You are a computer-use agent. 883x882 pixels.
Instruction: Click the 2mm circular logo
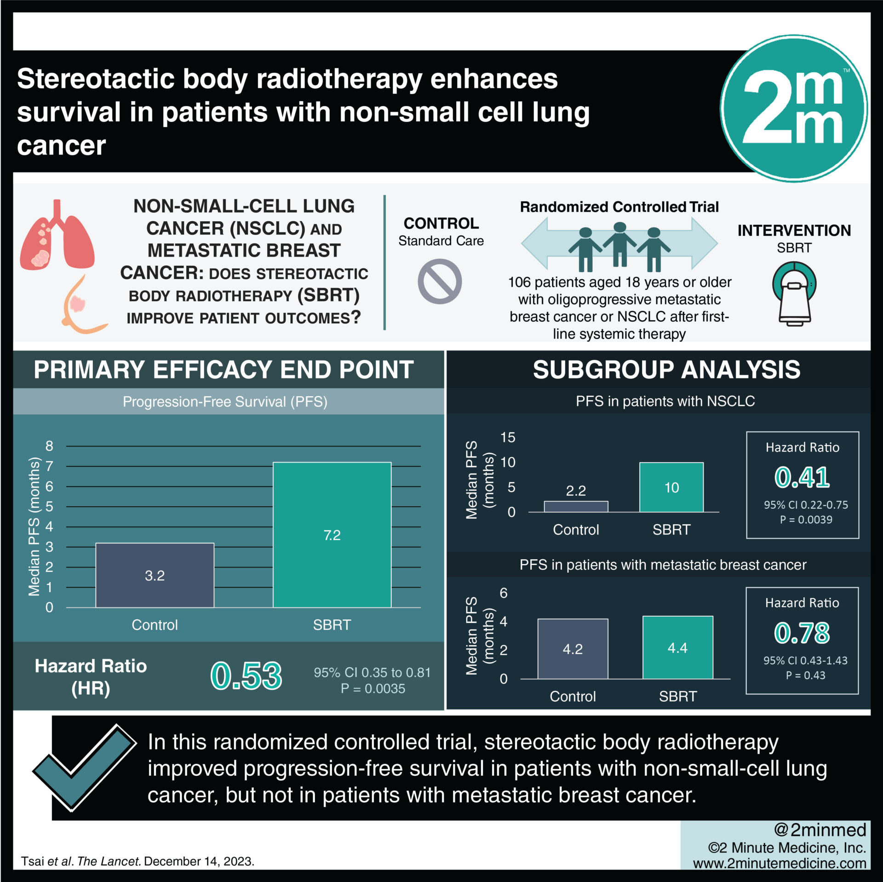[793, 109]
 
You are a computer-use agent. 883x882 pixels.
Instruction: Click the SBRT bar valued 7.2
[332, 534]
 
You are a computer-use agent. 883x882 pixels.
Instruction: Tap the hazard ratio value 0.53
[246, 676]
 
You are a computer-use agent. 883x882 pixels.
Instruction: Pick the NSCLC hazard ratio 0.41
[802, 477]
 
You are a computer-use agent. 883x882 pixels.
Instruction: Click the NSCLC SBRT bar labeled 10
[671, 487]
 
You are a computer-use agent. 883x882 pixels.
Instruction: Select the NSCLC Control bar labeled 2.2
[576, 506]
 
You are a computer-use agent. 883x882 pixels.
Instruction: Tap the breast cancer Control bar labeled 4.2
[573, 648]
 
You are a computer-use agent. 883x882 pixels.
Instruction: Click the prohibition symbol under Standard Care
[440, 281]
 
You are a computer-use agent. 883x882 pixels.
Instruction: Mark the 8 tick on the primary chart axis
[49, 446]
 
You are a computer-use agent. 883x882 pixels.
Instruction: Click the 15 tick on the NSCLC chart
[508, 437]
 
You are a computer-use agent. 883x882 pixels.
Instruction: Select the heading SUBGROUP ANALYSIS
[666, 369]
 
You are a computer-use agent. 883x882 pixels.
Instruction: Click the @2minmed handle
[820, 830]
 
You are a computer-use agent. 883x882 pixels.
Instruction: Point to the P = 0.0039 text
[806, 520]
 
